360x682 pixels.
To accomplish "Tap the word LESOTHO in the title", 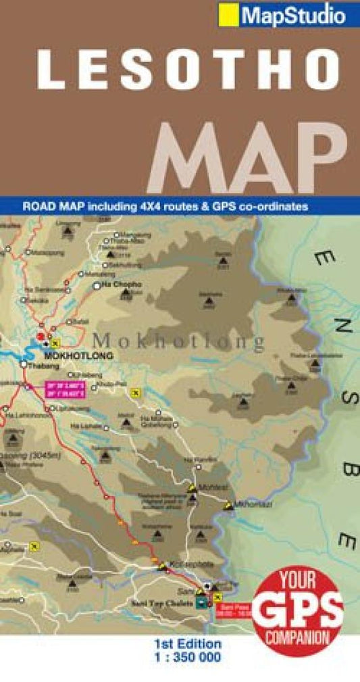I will pos(189,70).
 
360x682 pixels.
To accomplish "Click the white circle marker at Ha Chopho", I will pos(96,286).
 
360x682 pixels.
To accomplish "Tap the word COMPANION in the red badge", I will pos(298,637).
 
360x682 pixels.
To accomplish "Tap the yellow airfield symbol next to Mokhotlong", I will pos(55,341).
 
